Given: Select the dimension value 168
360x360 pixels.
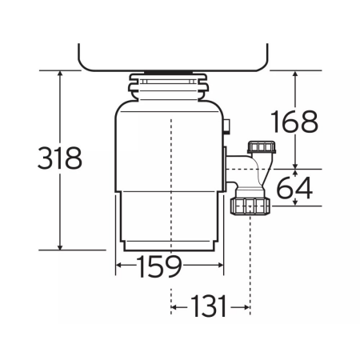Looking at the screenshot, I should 293,122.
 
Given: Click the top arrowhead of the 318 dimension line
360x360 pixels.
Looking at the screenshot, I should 60,74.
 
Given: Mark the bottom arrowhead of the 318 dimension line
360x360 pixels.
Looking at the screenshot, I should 60,245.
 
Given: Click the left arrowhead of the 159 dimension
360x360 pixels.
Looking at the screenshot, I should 120,265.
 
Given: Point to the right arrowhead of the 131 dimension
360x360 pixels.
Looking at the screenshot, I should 246,305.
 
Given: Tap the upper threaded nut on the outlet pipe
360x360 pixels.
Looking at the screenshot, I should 261,149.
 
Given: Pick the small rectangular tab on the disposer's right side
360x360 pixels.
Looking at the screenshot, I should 226,126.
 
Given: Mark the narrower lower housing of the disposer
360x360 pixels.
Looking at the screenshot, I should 170,220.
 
